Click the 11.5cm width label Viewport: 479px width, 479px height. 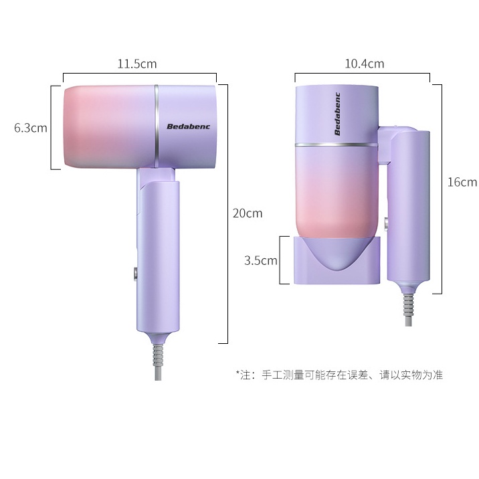pos(137,64)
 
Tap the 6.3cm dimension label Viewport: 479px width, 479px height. pos(31,128)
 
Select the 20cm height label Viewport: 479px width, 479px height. pos(248,213)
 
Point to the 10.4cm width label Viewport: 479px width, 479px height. pos(365,64)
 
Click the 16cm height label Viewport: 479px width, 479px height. pos(462,182)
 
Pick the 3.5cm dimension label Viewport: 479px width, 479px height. pos(261,261)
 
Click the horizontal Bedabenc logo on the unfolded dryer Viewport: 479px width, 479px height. pos(189,126)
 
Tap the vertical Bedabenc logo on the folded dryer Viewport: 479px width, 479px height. pos(337,114)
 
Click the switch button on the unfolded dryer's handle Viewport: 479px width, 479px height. pos(135,274)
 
